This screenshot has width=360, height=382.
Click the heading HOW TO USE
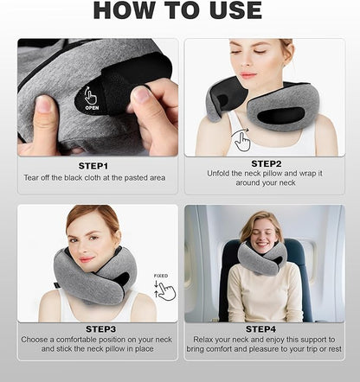[177, 10]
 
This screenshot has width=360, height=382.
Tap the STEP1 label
[94, 165]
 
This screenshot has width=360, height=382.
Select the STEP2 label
[265, 162]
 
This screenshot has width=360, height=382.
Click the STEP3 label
[101, 329]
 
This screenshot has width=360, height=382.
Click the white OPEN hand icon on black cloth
[92, 97]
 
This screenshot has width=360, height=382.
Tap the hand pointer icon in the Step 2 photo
[242, 140]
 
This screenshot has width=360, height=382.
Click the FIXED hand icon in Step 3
[165, 289]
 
